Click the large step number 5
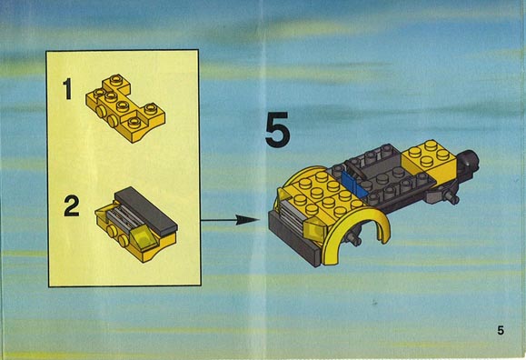point(277,129)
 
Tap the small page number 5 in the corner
point(501,330)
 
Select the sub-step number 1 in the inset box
point(67,89)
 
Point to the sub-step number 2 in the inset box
point(72,205)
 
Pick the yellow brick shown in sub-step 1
point(125,108)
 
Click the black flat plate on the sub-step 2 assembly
point(145,211)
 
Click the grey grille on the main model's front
point(293,215)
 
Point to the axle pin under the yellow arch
point(353,239)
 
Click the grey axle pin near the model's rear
point(450,196)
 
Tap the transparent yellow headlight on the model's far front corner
point(283,195)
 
